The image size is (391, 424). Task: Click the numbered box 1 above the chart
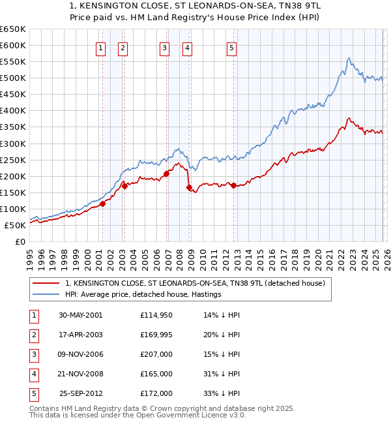102,47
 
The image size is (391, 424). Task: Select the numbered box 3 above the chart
165,47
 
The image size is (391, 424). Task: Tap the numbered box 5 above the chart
232,47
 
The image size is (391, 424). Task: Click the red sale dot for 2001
102,204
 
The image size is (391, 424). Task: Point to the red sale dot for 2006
166,174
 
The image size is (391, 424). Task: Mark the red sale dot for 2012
233,185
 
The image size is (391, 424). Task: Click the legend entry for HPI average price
143,294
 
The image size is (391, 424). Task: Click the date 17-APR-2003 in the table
80,334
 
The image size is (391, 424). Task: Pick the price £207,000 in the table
156,354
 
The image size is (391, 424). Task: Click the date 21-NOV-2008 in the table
80,374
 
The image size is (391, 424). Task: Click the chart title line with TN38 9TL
195,5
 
